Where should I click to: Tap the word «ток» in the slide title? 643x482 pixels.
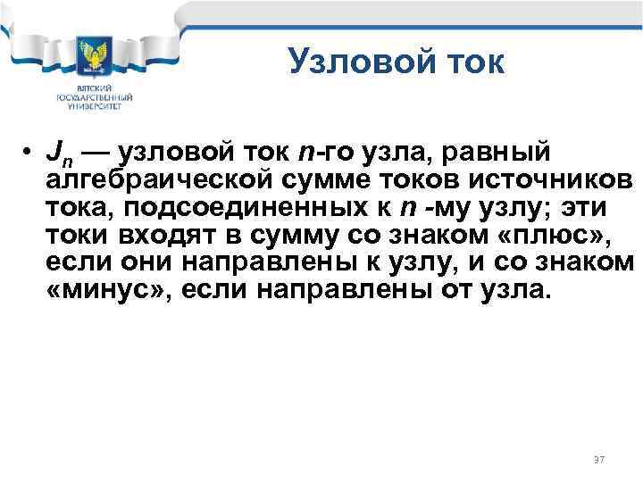pyautogui.click(x=472, y=62)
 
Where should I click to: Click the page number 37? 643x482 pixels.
pyautogui.click(x=598, y=459)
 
